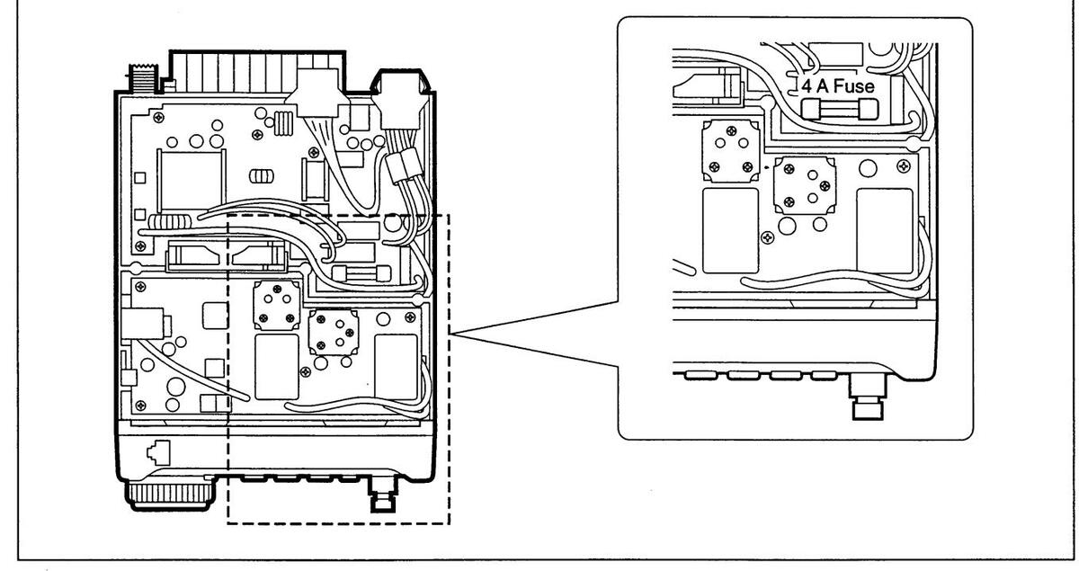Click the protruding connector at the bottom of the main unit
[383, 496]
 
